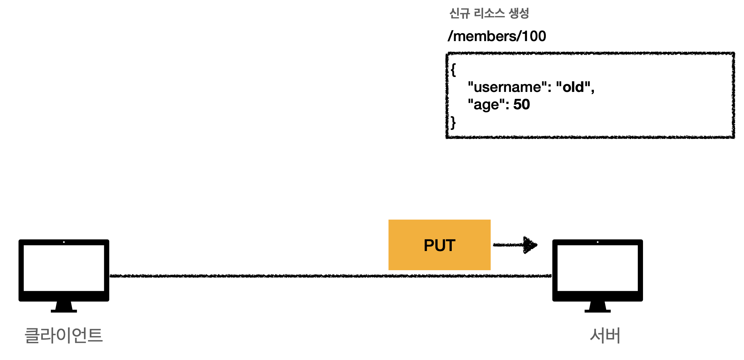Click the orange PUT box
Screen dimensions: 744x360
[439, 245]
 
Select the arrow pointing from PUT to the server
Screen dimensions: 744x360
[515, 245]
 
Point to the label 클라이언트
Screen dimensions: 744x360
[64, 335]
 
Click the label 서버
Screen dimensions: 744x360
[605, 336]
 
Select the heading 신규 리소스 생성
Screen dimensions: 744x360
[489, 13]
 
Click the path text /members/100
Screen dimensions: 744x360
[497, 36]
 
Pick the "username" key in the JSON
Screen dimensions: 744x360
[507, 87]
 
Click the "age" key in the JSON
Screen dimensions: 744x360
[486, 105]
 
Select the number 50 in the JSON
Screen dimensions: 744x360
[521, 104]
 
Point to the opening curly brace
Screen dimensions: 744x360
[453, 70]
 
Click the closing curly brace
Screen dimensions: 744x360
[453, 123]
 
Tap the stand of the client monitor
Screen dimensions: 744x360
[64, 307]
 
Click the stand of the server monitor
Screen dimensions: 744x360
[597, 307]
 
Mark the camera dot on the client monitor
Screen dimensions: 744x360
[64, 242]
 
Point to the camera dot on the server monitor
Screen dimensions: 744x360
[597, 242]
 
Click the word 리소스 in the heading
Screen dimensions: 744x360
[489, 13]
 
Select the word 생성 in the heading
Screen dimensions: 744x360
[519, 13]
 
